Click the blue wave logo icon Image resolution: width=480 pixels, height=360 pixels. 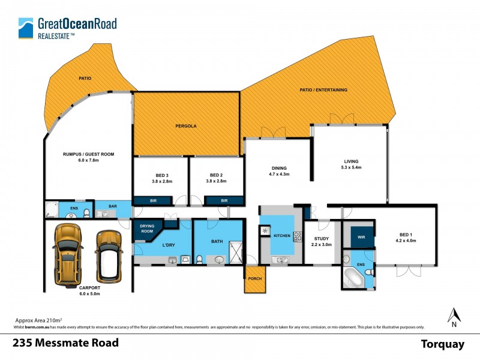click(26, 28)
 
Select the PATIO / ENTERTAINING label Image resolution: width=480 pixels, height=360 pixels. click(323, 90)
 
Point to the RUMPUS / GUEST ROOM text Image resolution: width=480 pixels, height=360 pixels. click(88, 154)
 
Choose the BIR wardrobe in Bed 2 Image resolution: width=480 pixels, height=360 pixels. click(224, 200)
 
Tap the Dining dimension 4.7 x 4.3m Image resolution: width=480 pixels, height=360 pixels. click(278, 175)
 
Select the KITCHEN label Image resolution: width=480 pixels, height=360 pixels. click(281, 236)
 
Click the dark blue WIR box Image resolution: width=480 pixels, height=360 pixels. click(361, 237)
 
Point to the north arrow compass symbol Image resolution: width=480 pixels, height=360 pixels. click(454, 315)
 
